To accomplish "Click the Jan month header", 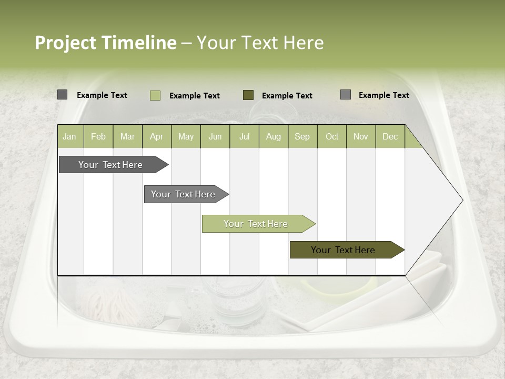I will pos(69,136).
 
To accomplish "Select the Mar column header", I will pos(127,136).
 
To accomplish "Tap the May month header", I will pos(186,136).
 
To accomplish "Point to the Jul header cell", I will pos(244,136).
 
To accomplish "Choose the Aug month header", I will pos(273,136).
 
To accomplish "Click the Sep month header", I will pos(302,136).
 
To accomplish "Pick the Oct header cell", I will pos(332,136).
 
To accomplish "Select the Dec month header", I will pos(390,136).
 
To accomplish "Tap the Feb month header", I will pos(98,136).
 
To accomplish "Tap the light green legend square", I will pos(155,95).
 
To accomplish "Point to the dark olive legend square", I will pos(248,95).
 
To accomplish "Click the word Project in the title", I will pos(66,43).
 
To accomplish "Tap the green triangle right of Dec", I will pos(413,141).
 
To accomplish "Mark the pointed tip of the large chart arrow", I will pos(462,200).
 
